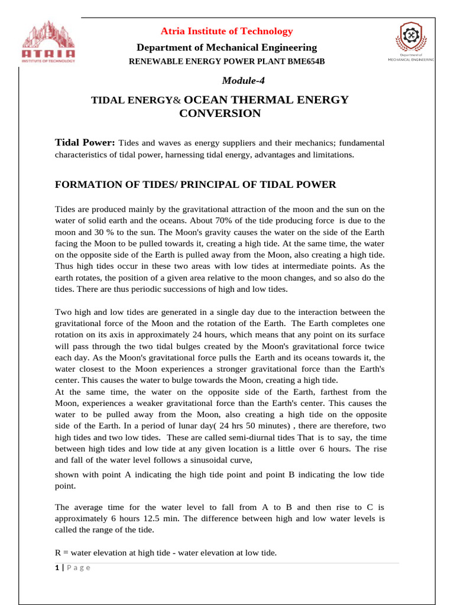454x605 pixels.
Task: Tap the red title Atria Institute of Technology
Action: (228, 31)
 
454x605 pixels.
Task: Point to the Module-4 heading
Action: (227, 80)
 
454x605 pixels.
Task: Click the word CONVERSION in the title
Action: (219, 113)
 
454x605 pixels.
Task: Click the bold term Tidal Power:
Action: (85, 143)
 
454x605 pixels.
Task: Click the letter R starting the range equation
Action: (58, 553)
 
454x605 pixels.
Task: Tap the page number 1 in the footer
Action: (57, 568)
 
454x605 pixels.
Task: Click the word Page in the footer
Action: (79, 568)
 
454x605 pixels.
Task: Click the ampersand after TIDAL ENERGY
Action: (176, 101)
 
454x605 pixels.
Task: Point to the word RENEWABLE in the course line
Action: (158, 62)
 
